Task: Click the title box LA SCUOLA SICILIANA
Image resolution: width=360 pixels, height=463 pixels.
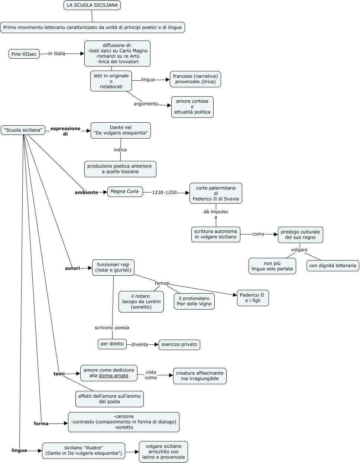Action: click(x=92, y=5)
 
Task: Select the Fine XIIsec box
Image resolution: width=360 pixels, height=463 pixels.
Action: click(x=24, y=54)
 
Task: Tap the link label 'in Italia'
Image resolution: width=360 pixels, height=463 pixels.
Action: click(x=57, y=54)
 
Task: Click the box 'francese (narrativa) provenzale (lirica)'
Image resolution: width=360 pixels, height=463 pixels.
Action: click(x=195, y=79)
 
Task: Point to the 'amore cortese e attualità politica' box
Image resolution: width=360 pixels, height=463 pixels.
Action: click(x=192, y=107)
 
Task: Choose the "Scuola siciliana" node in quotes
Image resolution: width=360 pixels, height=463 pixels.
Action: click(x=23, y=130)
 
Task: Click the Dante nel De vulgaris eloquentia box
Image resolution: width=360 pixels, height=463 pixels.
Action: click(x=121, y=130)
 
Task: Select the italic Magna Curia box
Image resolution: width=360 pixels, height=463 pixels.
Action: click(x=125, y=192)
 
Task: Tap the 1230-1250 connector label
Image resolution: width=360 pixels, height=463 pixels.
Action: click(x=164, y=192)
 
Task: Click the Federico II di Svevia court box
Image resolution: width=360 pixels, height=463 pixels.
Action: click(x=215, y=194)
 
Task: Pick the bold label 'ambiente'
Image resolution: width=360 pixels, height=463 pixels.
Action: click(x=86, y=192)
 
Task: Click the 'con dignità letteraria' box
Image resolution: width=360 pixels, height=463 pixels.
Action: click(x=333, y=266)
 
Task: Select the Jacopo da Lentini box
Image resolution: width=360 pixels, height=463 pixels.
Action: click(x=141, y=302)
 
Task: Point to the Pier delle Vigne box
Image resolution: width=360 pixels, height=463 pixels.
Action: click(x=194, y=301)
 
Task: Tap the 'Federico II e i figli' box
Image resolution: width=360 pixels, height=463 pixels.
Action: click(x=253, y=298)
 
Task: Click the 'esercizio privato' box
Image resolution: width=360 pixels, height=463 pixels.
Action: click(x=179, y=344)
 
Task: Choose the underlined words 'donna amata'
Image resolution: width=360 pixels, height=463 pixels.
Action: click(x=113, y=376)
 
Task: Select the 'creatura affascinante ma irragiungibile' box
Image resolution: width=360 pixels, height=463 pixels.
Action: click(x=200, y=376)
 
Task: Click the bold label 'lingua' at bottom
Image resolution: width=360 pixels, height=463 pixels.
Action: click(x=19, y=450)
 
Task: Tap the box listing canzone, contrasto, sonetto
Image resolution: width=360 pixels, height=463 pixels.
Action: click(x=124, y=422)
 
